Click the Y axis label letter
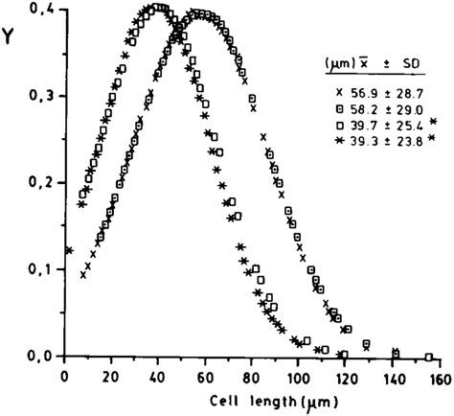(11, 45)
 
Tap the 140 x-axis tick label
(393, 376)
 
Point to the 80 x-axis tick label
(252, 376)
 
